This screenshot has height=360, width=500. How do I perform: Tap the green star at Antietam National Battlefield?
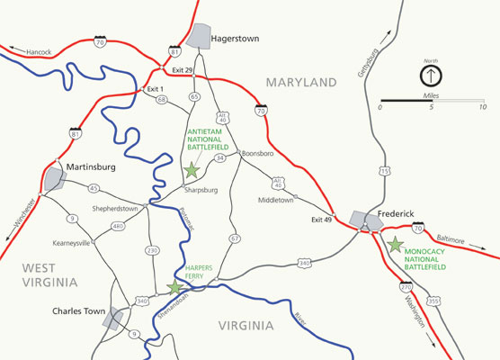coord(191,169)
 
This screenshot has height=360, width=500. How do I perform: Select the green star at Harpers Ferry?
coord(174,287)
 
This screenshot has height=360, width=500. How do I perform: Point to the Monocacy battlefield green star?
coord(395,243)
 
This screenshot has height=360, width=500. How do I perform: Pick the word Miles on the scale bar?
coord(432,94)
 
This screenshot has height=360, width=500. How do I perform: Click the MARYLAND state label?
coord(300,83)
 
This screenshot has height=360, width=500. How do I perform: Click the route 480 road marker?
coord(118,226)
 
